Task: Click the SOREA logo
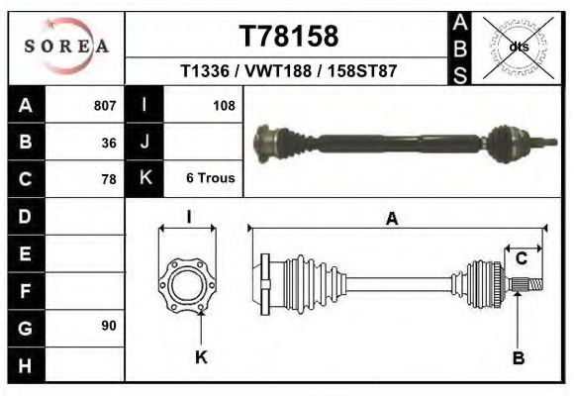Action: [66, 47]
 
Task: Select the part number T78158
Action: [289, 36]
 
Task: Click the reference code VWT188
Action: [278, 70]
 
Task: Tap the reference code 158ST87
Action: [362, 70]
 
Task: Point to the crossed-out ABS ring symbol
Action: [518, 48]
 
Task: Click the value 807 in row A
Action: [105, 106]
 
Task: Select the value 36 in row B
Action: [109, 143]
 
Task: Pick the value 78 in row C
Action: [109, 179]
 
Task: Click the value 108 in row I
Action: [224, 106]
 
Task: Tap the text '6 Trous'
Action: [211, 177]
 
